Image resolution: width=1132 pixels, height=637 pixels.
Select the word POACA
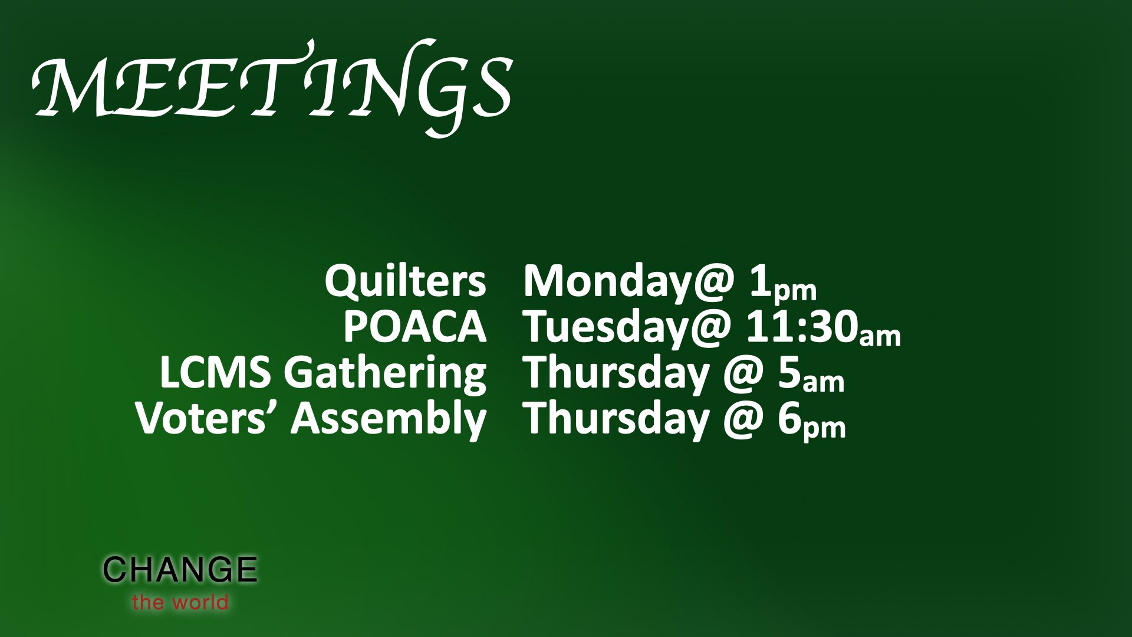(415, 327)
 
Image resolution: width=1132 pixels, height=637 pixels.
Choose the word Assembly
(388, 421)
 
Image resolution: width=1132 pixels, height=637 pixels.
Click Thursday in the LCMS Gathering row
(616, 375)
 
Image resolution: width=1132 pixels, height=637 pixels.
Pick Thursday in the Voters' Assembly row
(616, 420)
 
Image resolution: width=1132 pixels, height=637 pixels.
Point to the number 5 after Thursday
(790, 373)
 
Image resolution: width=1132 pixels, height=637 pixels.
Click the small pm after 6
(825, 428)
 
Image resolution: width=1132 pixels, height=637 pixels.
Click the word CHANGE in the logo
(180, 570)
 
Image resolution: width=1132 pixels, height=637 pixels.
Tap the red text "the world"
(180, 602)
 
